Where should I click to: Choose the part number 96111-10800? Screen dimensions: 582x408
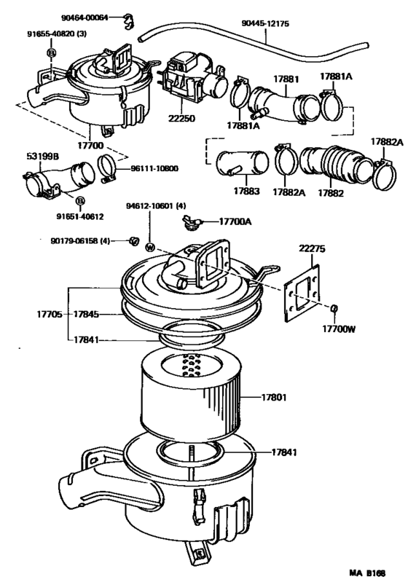tap(154, 168)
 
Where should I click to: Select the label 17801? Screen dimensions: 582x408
tap(278, 397)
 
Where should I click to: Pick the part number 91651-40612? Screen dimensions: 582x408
tap(80, 216)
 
